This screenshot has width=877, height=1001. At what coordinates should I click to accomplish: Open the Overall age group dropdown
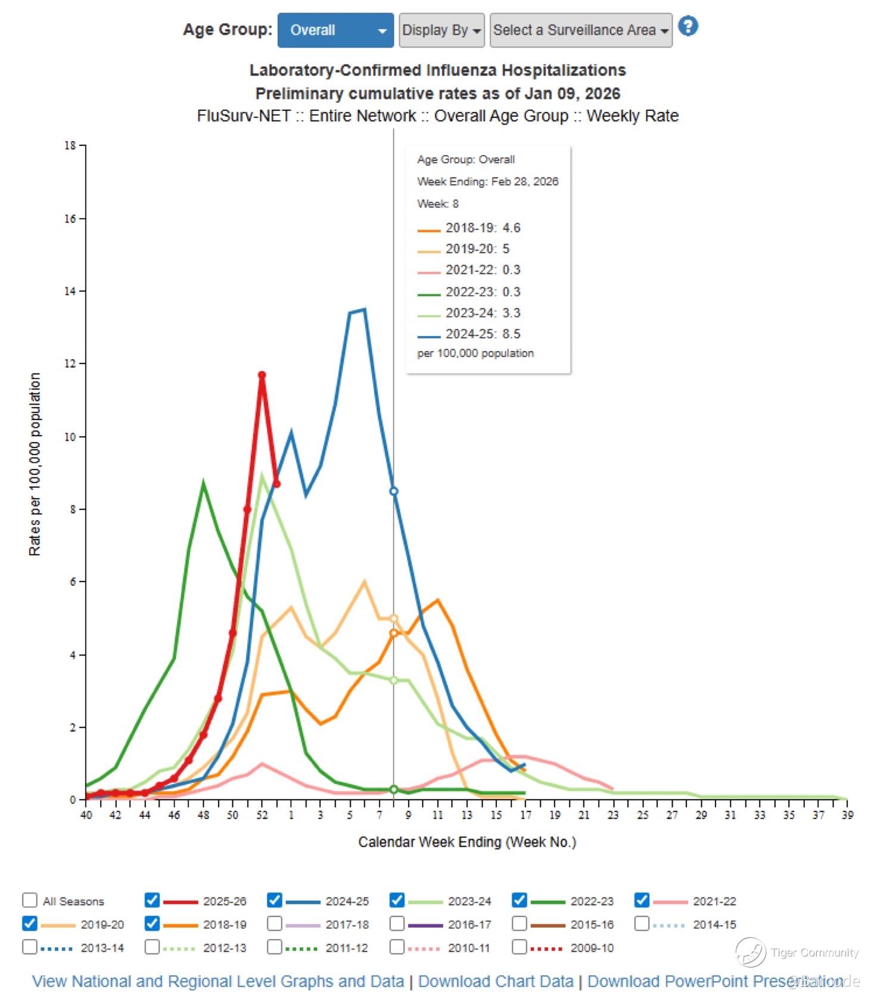tap(335, 30)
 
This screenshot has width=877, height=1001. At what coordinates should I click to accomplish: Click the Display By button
tap(441, 30)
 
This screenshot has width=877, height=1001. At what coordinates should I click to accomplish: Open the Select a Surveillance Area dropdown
tap(581, 30)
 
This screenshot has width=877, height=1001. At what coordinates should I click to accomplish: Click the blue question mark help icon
tap(688, 27)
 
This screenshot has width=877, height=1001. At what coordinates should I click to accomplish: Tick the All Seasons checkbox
tap(30, 900)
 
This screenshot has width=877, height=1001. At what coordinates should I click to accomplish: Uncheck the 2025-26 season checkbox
tap(153, 900)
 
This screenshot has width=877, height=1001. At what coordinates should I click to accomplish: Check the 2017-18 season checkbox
tap(275, 924)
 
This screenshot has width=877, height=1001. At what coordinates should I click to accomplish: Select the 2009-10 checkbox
tap(520, 947)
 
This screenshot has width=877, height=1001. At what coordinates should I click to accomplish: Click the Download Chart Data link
tap(496, 981)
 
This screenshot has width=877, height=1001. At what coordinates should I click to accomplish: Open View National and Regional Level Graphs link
tap(217, 981)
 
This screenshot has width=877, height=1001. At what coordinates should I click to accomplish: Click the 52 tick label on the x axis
tap(262, 815)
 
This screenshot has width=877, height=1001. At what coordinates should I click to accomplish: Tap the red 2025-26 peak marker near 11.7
tap(262, 375)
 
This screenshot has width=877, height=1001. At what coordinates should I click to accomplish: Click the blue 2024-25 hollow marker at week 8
tap(394, 492)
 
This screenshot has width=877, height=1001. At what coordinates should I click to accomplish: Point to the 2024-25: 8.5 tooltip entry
tap(483, 334)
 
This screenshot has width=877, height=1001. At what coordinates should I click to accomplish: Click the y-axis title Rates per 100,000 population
tap(35, 465)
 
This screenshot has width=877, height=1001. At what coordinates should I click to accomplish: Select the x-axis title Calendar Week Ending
tap(467, 842)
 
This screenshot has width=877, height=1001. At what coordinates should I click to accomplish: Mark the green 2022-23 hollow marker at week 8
tap(394, 789)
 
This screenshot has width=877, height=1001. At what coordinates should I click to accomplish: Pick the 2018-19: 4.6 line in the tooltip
tap(483, 228)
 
